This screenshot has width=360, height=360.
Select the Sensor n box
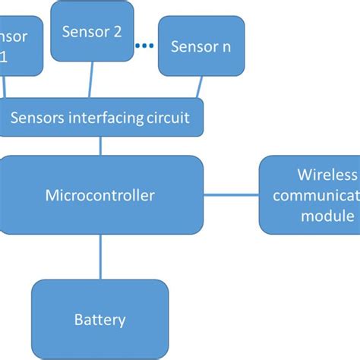tap(201, 47)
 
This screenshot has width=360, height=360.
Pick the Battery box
tap(99, 319)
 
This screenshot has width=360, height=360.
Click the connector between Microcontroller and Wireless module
tap(231, 195)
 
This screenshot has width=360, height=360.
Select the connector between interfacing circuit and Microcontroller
tap(100, 147)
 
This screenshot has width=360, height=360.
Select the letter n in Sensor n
tap(226, 47)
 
